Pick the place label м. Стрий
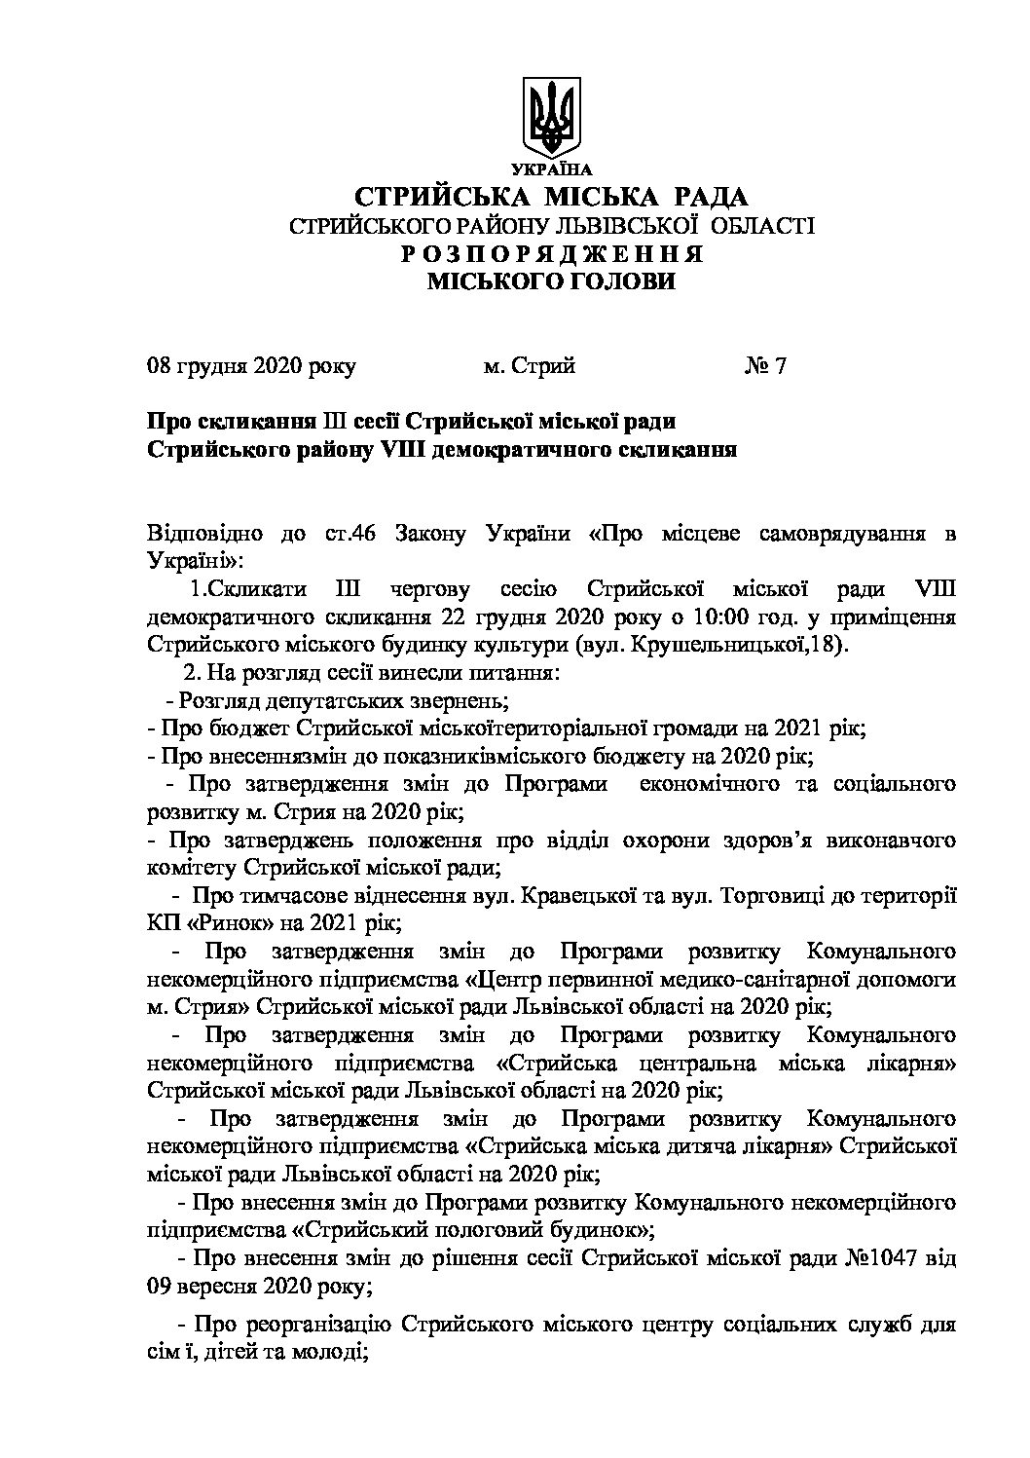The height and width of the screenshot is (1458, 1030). (530, 366)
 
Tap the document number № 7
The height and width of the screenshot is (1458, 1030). (764, 366)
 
